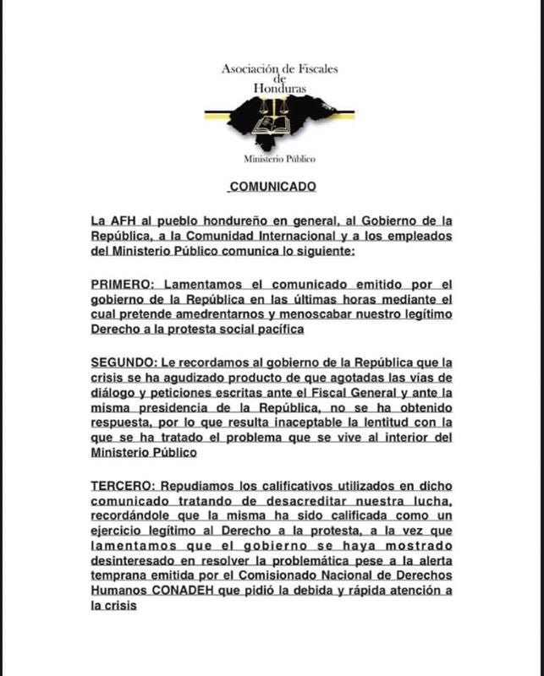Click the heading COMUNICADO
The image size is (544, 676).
272,185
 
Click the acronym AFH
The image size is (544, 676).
127,221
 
